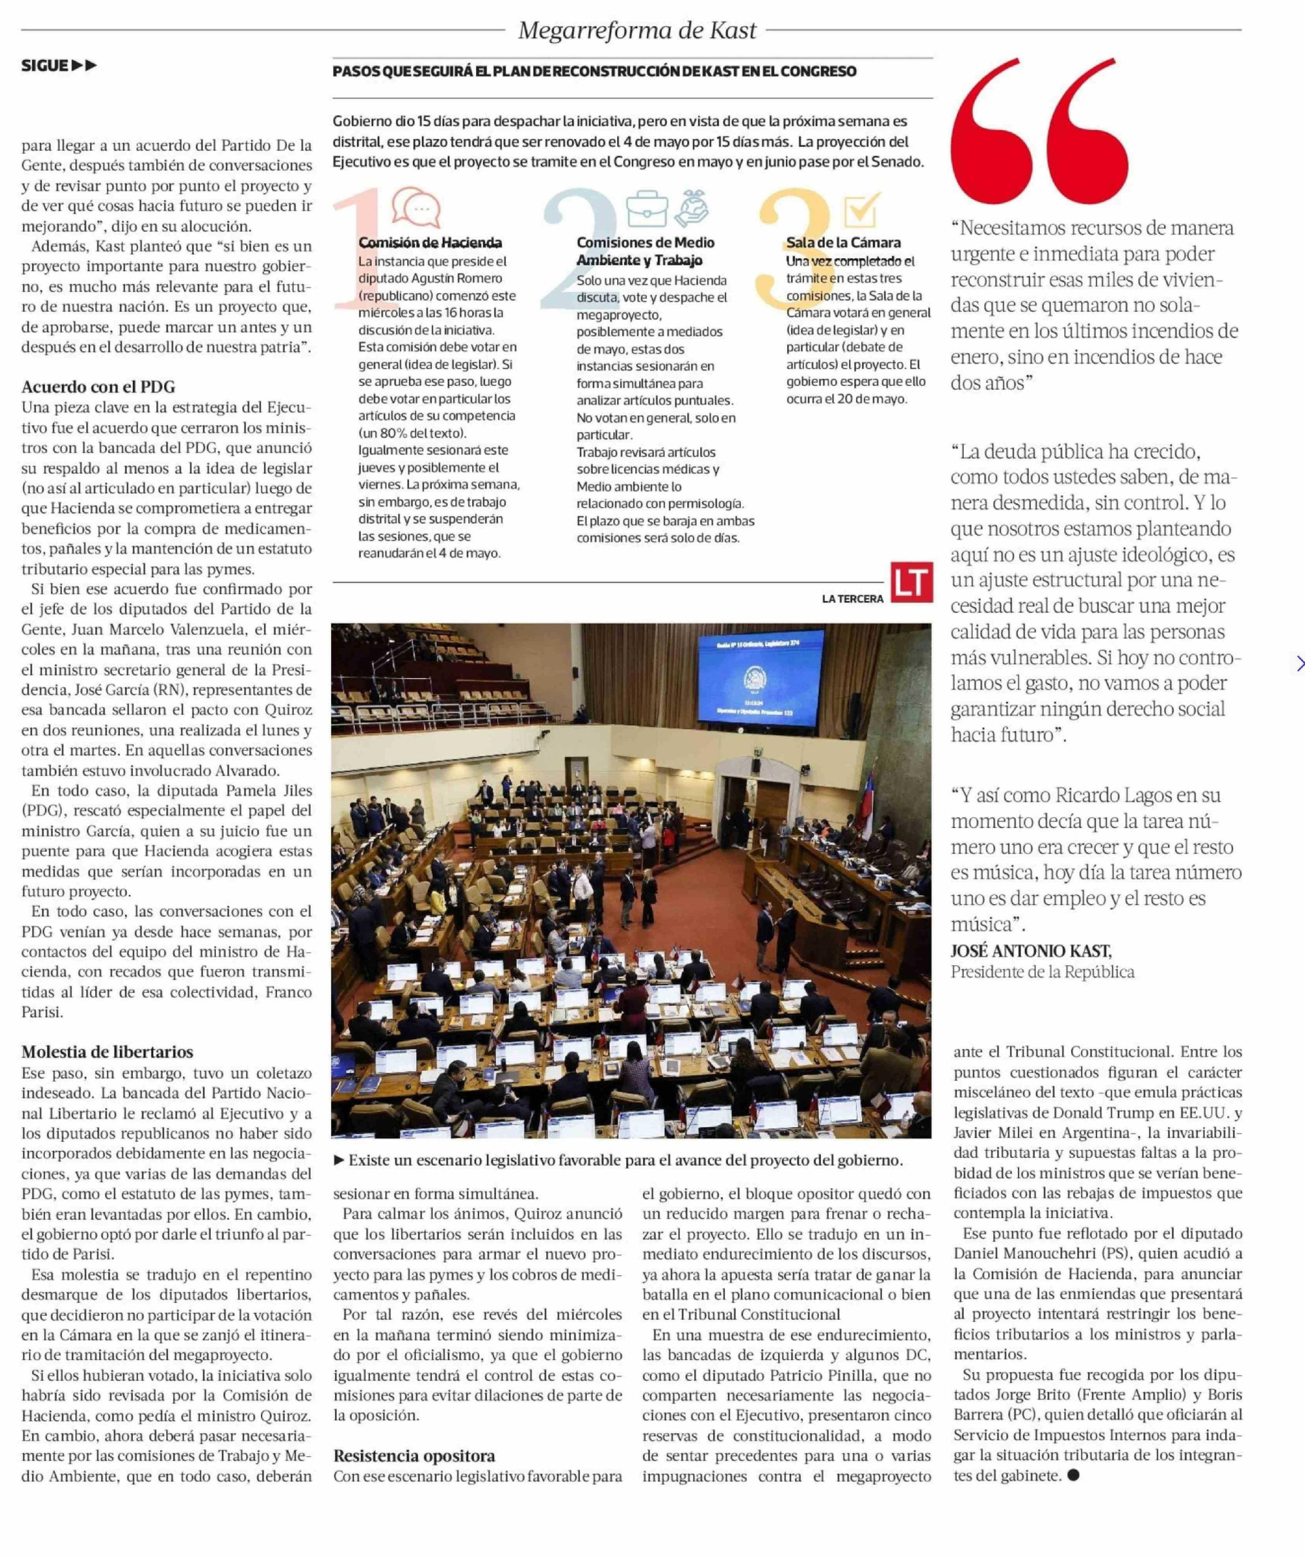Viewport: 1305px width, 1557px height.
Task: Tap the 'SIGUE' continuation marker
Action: tap(58, 66)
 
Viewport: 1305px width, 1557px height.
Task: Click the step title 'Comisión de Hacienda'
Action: tap(430, 243)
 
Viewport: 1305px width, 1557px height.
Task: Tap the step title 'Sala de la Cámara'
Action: tap(843, 243)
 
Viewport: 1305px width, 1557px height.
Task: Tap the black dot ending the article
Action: tap(1073, 1476)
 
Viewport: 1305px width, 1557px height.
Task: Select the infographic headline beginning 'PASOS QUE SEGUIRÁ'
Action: tap(594, 72)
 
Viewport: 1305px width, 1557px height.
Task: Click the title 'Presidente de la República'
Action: tap(1042, 972)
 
